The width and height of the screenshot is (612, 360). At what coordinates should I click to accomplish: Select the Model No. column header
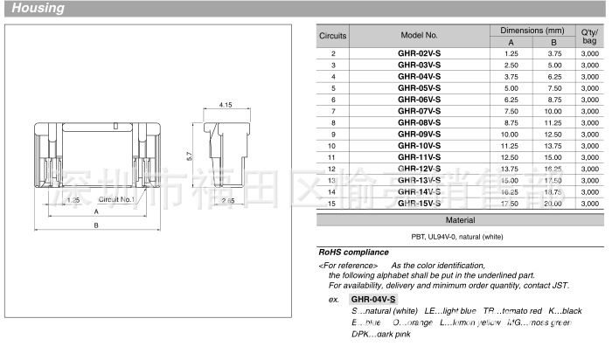tap(419, 36)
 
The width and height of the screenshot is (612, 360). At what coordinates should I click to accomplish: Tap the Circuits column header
tap(332, 36)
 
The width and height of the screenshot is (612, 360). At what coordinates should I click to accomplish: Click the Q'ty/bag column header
tap(588, 36)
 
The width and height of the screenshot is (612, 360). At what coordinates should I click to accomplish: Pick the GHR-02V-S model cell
tap(419, 54)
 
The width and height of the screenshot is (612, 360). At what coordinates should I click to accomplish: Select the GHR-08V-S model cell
tap(419, 122)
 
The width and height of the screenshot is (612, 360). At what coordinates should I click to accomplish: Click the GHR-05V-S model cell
tap(419, 88)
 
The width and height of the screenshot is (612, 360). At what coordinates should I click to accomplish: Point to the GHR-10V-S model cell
tap(419, 145)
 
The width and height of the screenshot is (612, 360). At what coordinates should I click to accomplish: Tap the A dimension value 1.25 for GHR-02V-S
tap(511, 54)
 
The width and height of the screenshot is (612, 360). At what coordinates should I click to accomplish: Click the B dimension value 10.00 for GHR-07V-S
tap(553, 111)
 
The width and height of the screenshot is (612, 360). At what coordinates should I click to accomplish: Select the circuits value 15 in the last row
tap(332, 203)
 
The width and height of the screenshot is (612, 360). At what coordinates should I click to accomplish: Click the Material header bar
tap(460, 220)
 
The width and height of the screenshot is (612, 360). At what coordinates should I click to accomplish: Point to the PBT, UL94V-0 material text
tap(460, 237)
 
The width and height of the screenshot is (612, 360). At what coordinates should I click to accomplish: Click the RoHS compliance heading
tap(353, 253)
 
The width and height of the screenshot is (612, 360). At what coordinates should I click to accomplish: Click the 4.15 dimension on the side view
tap(225, 105)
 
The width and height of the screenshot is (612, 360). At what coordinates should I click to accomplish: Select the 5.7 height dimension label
tap(188, 156)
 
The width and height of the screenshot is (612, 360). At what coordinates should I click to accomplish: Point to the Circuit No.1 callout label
tap(115, 200)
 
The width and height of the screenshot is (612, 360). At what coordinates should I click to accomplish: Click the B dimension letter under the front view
tap(97, 225)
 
